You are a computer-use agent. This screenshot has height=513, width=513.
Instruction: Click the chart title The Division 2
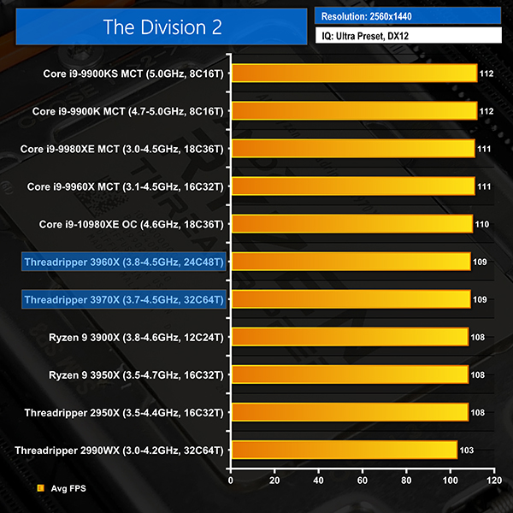click(162, 27)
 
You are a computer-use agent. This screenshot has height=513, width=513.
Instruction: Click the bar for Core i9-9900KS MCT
click(353, 74)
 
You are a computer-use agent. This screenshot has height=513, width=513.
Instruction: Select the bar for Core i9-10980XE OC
click(351, 224)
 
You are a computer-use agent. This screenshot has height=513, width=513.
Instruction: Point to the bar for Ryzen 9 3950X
click(349, 374)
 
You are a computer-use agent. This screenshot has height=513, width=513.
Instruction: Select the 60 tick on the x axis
click(363, 481)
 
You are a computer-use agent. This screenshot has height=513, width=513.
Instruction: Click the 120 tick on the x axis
click(493, 481)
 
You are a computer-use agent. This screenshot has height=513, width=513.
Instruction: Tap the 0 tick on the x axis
click(231, 481)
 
